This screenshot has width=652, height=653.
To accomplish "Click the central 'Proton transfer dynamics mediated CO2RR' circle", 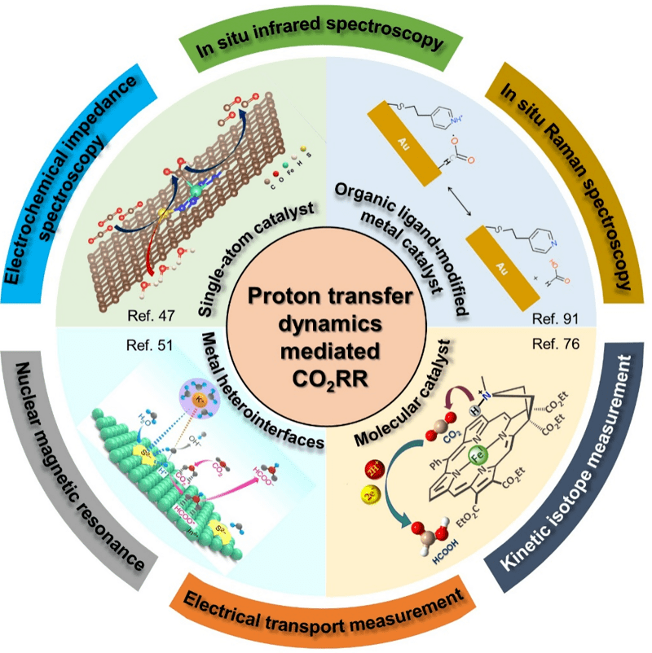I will click(x=326, y=326).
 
